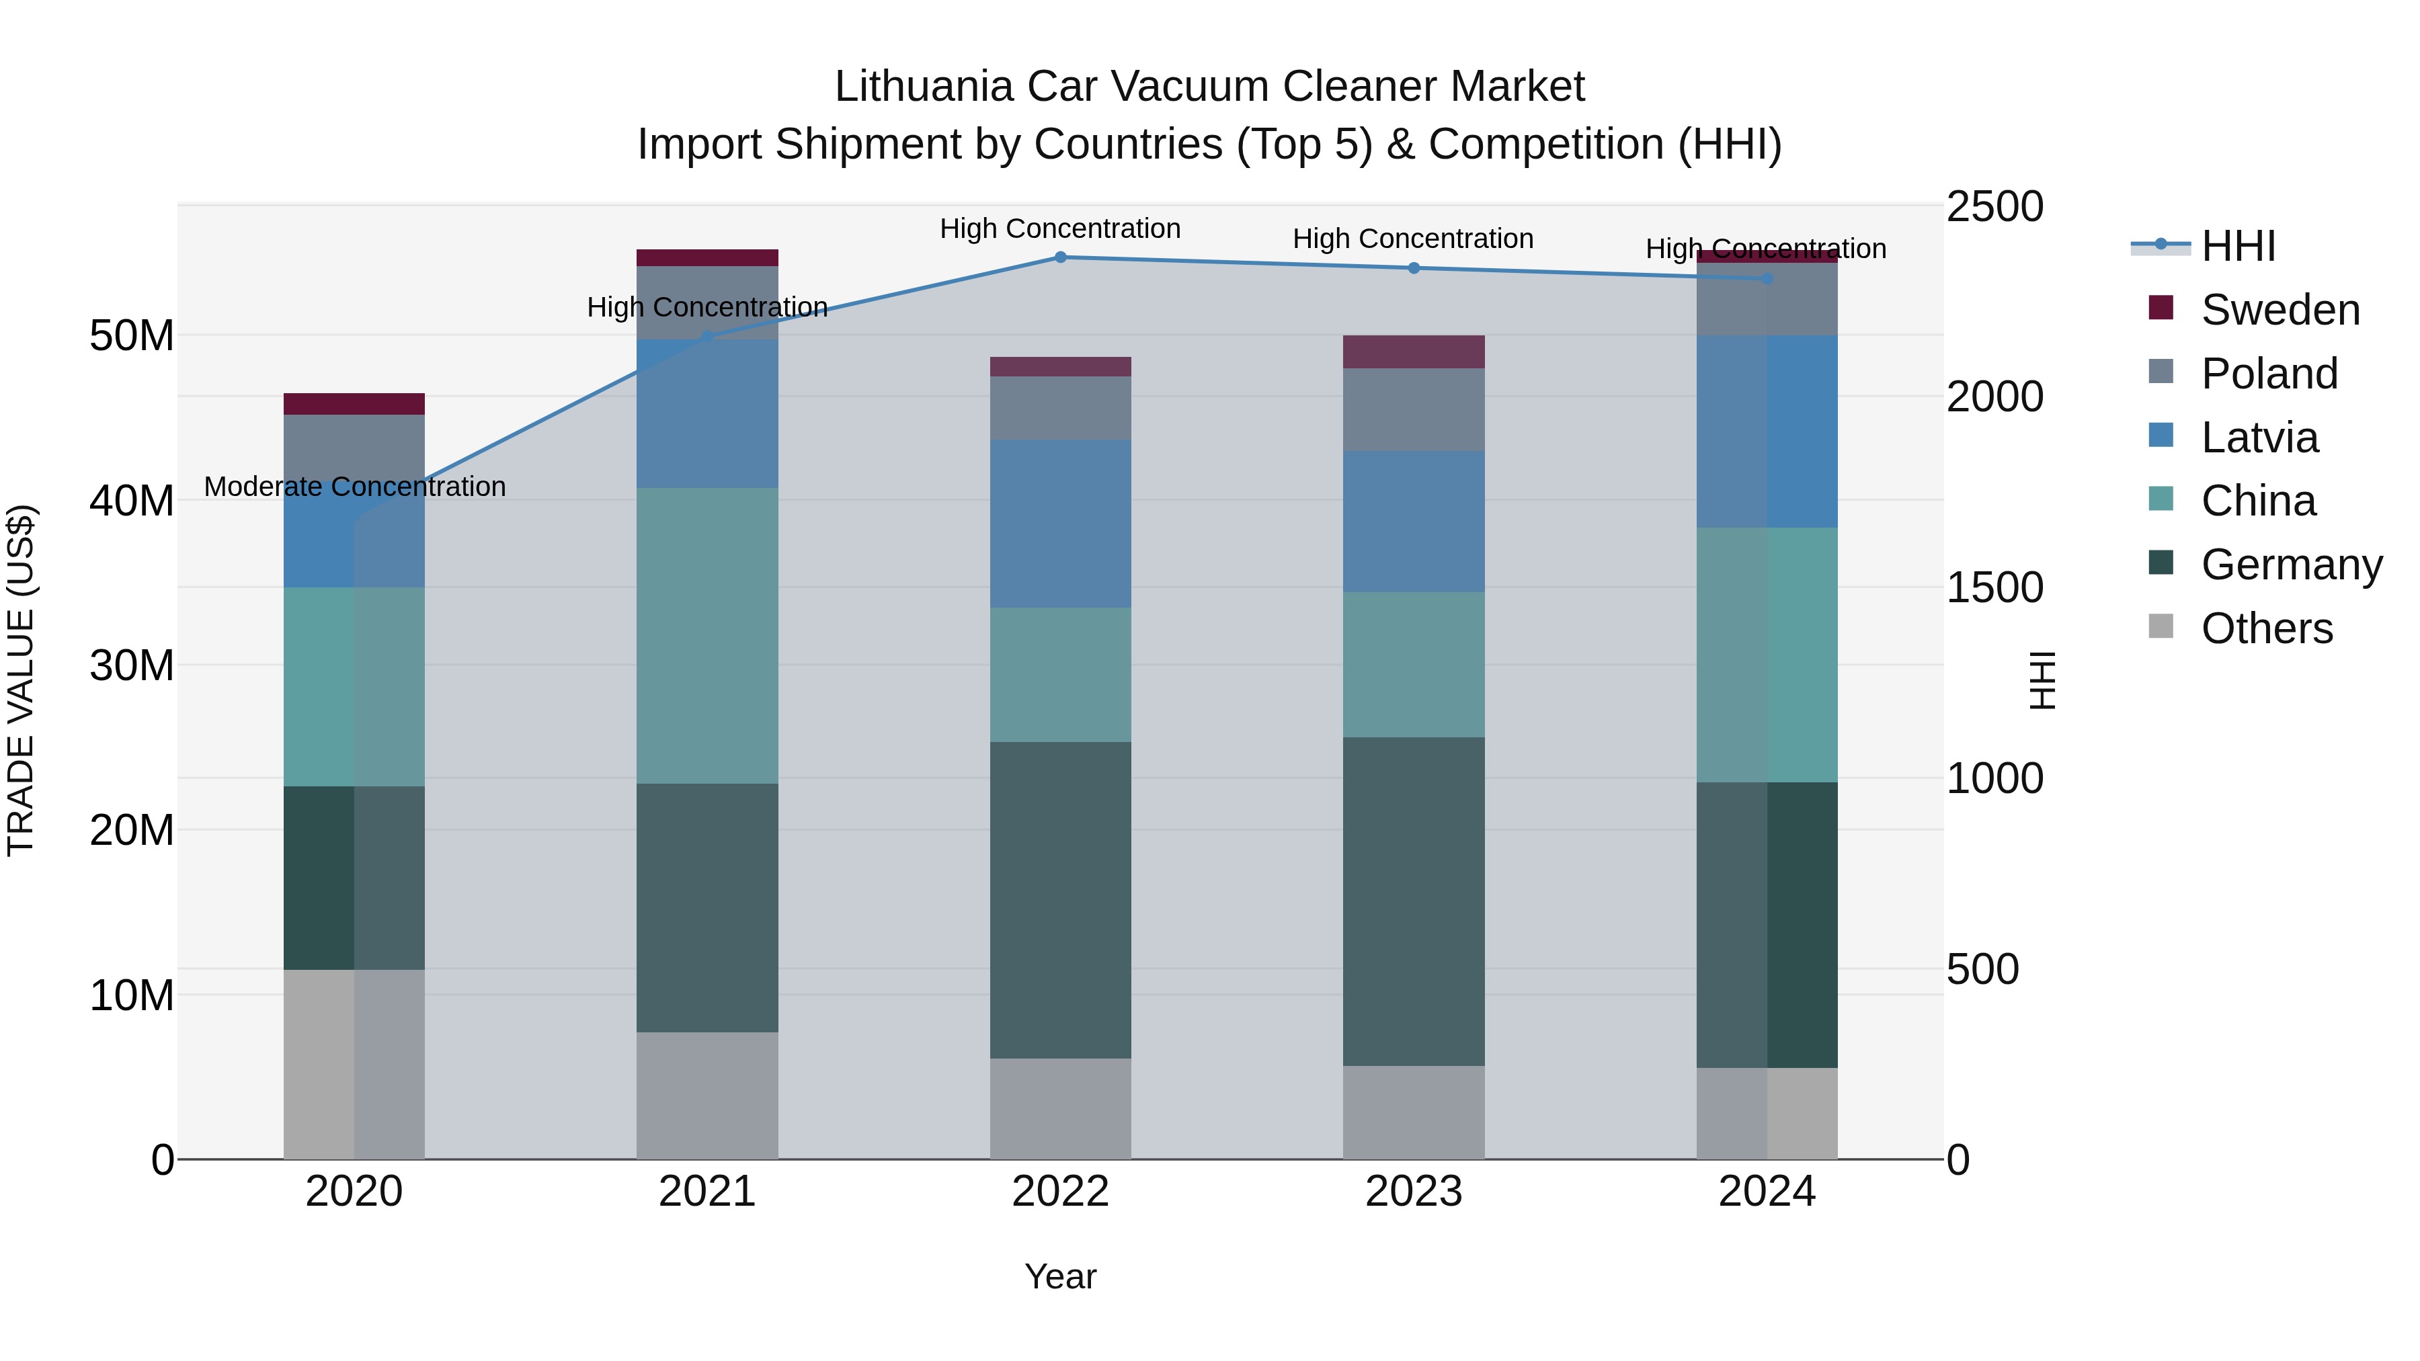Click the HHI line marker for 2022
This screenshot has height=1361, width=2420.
coord(1061,257)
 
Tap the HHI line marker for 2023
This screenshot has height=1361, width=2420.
coord(1414,269)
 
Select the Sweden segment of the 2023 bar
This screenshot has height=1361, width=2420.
coord(1414,352)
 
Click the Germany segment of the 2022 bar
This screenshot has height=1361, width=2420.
coord(1061,900)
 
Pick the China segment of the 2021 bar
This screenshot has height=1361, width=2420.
coord(707,636)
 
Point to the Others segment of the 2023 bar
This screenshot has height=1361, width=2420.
coord(1414,1112)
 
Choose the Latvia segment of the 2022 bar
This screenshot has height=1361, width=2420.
coord(1061,524)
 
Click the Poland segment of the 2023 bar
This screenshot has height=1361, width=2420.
coord(1414,409)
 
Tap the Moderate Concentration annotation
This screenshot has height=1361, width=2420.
coord(354,487)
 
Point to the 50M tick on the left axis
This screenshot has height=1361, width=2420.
coord(132,336)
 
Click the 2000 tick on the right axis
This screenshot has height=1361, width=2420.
coord(1994,397)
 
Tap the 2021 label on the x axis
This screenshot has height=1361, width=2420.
coord(707,1192)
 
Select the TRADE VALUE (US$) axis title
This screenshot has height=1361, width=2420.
coord(21,681)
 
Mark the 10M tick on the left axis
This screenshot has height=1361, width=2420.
coord(132,995)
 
